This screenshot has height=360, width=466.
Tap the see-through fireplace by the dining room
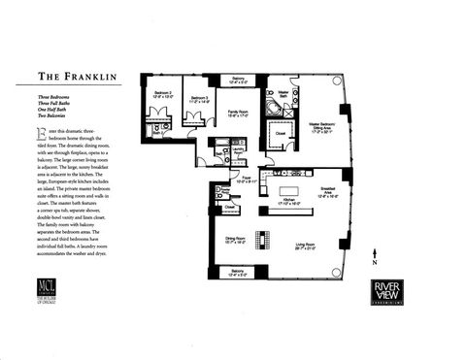pyautogui.click(x=260, y=239)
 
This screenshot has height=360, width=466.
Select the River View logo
pyautogui.click(x=395, y=292)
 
